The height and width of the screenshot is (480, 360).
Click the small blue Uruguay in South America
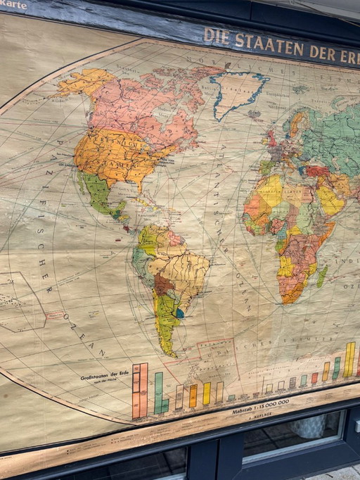(x=180, y=313)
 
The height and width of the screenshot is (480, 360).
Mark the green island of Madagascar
(x=321, y=276)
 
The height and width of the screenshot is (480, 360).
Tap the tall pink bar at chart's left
(x=140, y=391)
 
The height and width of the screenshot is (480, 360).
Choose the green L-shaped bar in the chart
(x=160, y=393)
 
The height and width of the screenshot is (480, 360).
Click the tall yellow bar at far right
(x=349, y=360)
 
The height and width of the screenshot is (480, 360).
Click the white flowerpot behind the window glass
(x=309, y=427)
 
